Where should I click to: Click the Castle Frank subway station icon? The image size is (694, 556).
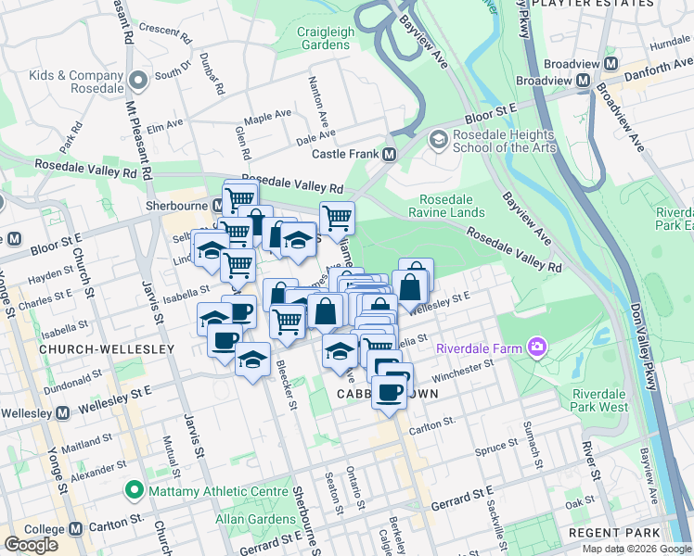(x=390, y=154)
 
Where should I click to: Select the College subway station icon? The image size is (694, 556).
(x=61, y=528)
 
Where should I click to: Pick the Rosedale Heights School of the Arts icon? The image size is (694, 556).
(x=437, y=139)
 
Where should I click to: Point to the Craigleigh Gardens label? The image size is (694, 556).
(x=326, y=38)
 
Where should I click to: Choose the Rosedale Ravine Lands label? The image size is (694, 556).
(x=446, y=206)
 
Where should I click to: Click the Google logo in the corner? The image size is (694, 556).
(x=31, y=545)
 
